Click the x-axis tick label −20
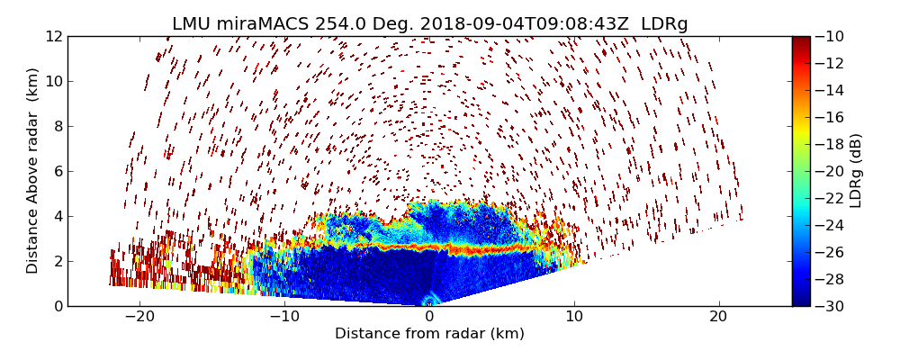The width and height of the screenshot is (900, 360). (139, 317)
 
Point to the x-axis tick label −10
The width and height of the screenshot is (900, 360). (284, 317)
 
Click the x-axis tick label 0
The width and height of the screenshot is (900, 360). (429, 317)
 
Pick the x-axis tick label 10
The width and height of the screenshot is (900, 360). (574, 317)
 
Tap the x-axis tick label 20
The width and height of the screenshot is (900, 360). (718, 317)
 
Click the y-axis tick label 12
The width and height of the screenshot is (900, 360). (52, 36)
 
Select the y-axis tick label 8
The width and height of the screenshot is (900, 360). (56, 126)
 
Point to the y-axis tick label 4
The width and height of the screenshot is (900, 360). (56, 216)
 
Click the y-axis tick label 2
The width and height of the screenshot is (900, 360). (56, 261)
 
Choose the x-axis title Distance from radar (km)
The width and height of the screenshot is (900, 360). (429, 334)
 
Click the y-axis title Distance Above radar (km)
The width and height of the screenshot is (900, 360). (32, 171)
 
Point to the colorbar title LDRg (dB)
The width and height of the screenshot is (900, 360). (856, 171)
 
